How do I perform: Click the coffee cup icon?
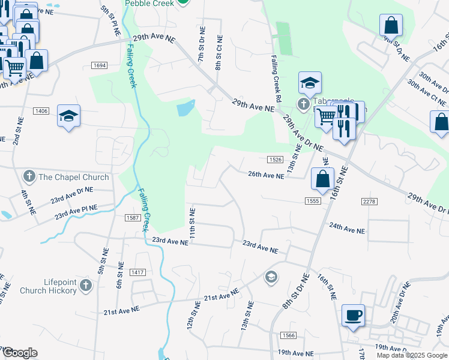tap(353, 314)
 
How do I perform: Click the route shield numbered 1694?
tap(100, 65)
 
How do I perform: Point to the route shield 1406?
tap(41, 111)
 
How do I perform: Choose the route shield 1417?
tap(138, 272)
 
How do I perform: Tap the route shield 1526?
tap(275, 159)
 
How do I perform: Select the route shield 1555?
tap(311, 202)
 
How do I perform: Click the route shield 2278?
tap(369, 202)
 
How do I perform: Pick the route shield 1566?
tap(278, 334)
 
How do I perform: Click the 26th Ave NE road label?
tap(266, 176)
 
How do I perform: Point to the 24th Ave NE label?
tap(346, 229)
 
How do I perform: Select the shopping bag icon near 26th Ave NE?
tap(323, 178)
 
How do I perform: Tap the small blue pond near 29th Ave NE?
tap(185, 109)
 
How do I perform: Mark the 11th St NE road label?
tap(193, 222)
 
